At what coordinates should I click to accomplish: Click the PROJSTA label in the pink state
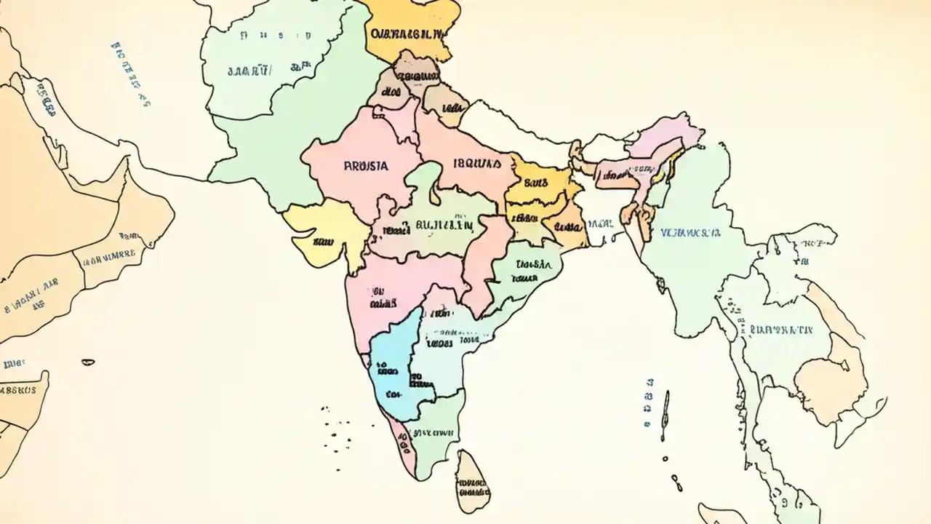pyautogui.click(x=365, y=166)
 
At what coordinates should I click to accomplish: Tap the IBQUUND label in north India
pyautogui.click(x=477, y=164)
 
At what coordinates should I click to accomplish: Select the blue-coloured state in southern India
pyautogui.click(x=389, y=364)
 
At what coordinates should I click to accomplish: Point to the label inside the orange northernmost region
pyautogui.click(x=407, y=33)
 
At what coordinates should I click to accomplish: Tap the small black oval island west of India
pyautogui.click(x=88, y=362)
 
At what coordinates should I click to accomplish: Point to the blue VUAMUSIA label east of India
pyautogui.click(x=690, y=234)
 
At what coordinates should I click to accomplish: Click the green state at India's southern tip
pyautogui.click(x=433, y=437)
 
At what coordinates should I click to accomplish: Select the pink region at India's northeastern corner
pyautogui.click(x=666, y=138)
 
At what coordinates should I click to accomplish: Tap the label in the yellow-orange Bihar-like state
pyautogui.click(x=535, y=183)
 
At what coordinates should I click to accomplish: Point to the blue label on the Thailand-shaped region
pyautogui.click(x=780, y=330)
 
